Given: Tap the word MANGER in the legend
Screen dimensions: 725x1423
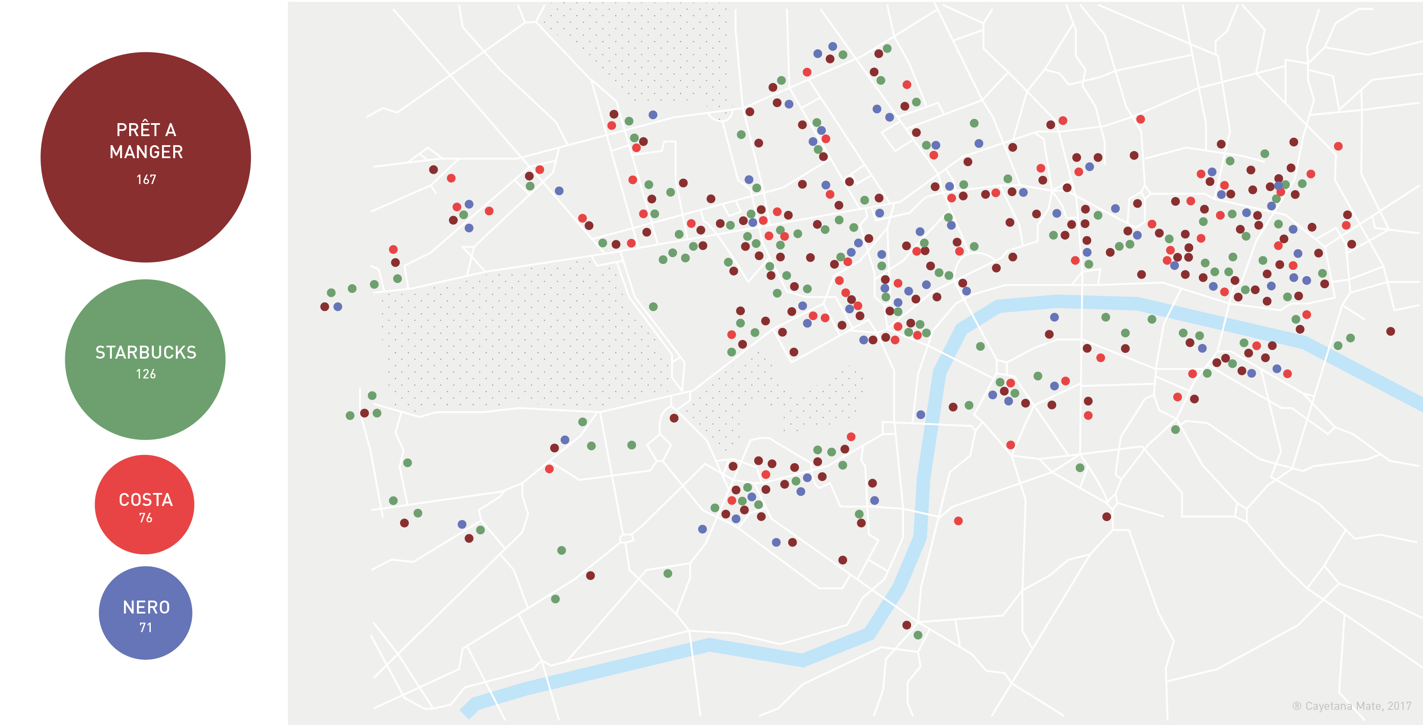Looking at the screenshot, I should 146,152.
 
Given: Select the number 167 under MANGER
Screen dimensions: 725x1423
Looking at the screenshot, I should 146,180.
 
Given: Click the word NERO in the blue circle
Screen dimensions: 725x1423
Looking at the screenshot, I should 146,607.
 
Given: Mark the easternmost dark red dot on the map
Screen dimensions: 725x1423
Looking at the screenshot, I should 1391,331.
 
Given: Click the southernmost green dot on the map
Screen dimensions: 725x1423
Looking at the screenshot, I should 918,635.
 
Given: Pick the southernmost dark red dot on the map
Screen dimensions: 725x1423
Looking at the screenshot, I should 906,625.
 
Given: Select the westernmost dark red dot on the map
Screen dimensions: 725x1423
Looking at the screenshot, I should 325,307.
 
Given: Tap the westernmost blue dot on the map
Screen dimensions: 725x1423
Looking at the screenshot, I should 337,307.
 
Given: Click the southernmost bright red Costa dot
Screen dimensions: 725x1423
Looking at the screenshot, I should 959,521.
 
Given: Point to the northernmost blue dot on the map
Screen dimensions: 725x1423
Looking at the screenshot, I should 832,46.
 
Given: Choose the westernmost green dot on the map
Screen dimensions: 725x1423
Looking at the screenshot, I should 331,293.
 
